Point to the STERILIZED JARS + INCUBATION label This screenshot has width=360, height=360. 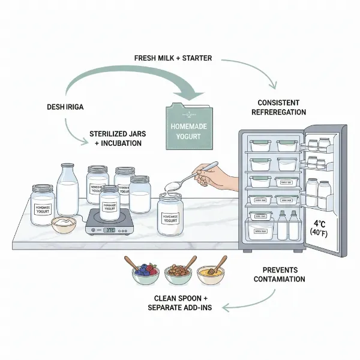(115, 139)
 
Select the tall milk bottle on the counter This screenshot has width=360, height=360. (68, 191)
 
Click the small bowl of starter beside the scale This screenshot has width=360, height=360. (64, 225)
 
